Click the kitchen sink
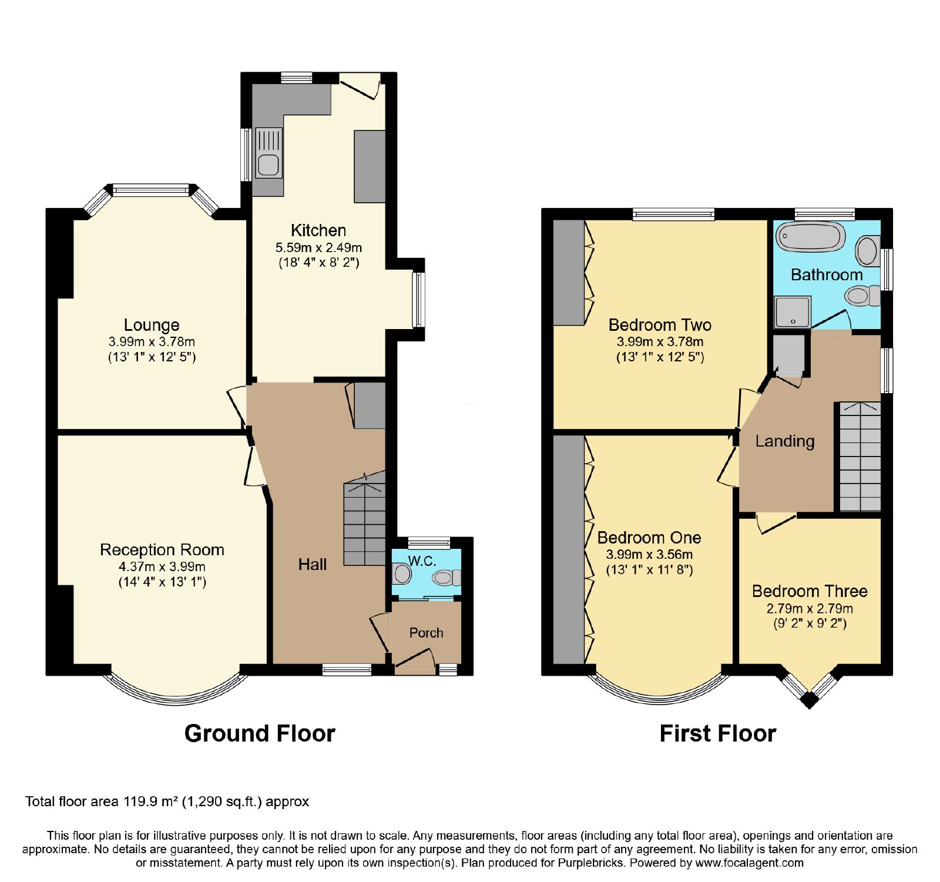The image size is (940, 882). [268, 153]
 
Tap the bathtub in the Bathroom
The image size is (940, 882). [810, 237]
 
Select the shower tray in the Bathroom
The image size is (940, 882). [793, 311]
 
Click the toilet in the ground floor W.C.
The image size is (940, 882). [402, 573]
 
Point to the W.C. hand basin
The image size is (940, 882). [446, 578]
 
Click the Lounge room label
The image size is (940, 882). [152, 325]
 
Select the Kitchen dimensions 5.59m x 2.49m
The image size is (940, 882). [318, 247]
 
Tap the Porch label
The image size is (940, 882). [426, 633]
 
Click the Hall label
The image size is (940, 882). [312, 565]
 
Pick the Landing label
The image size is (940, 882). [785, 441]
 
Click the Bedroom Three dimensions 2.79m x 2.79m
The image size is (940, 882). [810, 608]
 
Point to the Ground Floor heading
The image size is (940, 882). [260, 733]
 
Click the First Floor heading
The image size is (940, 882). [718, 733]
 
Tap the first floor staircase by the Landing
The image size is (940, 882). [860, 457]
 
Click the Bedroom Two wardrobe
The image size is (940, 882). [569, 272]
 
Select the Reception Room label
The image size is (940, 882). [162, 550]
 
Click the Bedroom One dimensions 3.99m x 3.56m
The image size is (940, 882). [649, 554]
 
